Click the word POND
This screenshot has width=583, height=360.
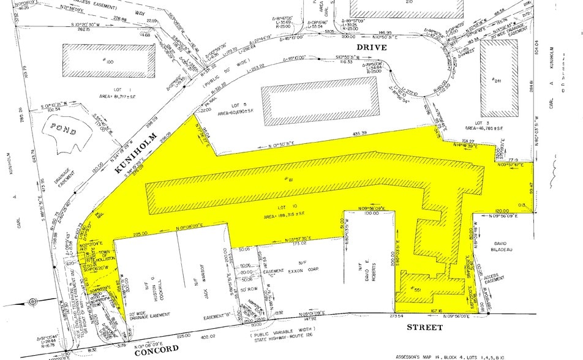coord(64,130)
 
